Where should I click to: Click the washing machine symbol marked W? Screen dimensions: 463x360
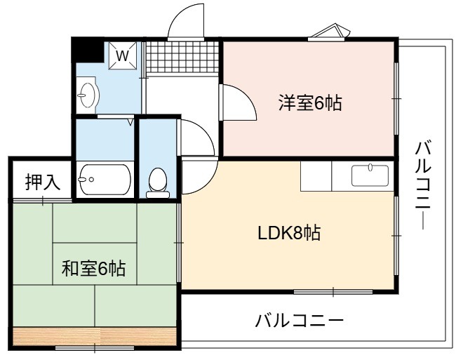coord(123,55)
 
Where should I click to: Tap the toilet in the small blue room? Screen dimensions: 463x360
coord(158,183)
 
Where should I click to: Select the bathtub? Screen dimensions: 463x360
coord(105,179)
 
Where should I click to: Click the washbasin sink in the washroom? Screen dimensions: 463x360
coord(87,95)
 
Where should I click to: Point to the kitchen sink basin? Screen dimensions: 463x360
coord(370,175)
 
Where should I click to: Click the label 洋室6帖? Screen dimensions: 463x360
coord(310,103)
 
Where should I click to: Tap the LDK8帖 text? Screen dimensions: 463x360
coord(289,233)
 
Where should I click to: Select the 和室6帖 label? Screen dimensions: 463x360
coord(93,269)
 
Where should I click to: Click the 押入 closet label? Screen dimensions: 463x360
coord(43,182)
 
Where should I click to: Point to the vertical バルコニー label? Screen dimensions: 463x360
coord(423,185)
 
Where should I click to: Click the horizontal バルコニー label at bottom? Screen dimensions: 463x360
coord(299,321)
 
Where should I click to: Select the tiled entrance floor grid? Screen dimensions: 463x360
coord(182,57)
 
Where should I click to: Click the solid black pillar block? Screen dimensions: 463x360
coord(88,50)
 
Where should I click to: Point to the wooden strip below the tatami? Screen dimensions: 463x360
coord(95,335)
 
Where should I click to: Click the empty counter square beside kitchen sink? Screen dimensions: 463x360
coord(316,176)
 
